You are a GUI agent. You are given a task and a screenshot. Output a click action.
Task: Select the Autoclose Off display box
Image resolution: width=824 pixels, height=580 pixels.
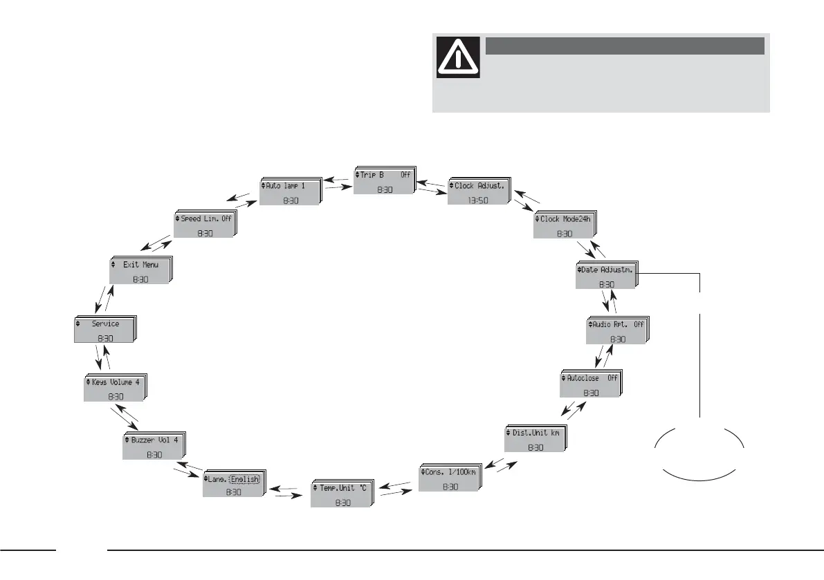click(590, 384)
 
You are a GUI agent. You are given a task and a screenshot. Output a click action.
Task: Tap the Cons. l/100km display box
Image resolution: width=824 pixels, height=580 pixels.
click(449, 478)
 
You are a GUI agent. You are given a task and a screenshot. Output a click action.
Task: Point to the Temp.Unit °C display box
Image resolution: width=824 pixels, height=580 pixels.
click(340, 494)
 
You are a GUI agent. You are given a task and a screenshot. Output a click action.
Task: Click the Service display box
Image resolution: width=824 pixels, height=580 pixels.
click(105, 330)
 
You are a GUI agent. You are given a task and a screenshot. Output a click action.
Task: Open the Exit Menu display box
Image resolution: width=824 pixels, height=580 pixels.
click(139, 270)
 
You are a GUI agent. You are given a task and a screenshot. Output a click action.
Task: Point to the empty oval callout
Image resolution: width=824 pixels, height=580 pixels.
click(699, 451)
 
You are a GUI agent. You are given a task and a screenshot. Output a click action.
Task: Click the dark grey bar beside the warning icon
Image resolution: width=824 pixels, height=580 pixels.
click(624, 46)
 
